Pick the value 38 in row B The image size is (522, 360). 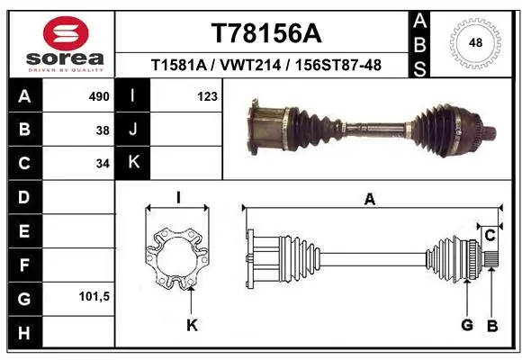click(102, 130)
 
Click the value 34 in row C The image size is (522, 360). click(102, 165)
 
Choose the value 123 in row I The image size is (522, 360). click(207, 96)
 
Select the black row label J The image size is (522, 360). click(133, 130)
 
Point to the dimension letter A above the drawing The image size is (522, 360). click(369, 200)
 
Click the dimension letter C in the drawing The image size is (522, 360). click(490, 235)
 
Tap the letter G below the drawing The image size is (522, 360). click(466, 325)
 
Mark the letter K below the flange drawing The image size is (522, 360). click(191, 325)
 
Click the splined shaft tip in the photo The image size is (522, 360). click(493, 135)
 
